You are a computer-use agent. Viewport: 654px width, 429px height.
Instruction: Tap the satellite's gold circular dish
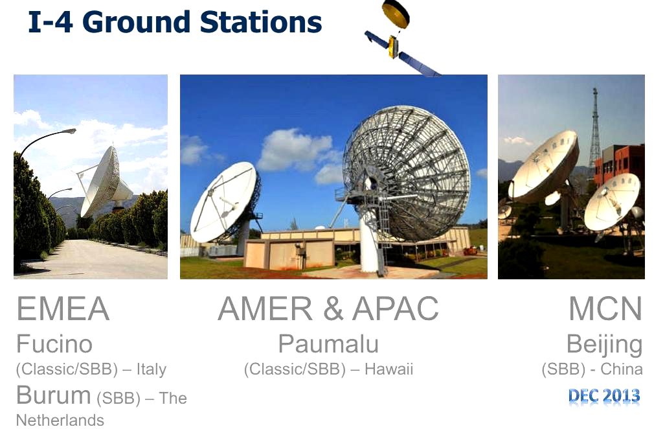pyautogui.click(x=396, y=14)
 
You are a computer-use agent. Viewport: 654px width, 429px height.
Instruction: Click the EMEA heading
pyautogui.click(x=63, y=308)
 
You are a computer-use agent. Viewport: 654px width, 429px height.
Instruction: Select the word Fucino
pyautogui.click(x=54, y=344)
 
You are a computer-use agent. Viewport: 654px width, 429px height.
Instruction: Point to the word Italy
pyautogui.click(x=152, y=369)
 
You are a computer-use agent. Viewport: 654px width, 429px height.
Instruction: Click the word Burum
pyautogui.click(x=53, y=395)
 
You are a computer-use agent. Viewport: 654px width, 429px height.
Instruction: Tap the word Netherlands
pyautogui.click(x=60, y=420)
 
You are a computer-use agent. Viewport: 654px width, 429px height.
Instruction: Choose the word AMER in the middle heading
pyautogui.click(x=265, y=308)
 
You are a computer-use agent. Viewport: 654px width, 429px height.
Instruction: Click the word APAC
pyautogui.click(x=396, y=308)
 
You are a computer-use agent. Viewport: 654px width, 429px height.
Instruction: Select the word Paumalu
pyautogui.click(x=328, y=344)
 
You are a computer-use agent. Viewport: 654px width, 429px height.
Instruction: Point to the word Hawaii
pyautogui.click(x=389, y=369)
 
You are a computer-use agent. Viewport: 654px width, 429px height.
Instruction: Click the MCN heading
pyautogui.click(x=605, y=308)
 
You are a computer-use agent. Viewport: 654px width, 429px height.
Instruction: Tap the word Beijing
pyautogui.click(x=604, y=346)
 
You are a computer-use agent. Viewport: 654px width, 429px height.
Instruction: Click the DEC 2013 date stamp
pyautogui.click(x=604, y=395)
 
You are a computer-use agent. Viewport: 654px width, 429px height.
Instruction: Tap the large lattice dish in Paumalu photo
pyautogui.click(x=407, y=173)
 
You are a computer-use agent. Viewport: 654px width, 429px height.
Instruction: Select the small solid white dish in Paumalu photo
pyautogui.click(x=224, y=202)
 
